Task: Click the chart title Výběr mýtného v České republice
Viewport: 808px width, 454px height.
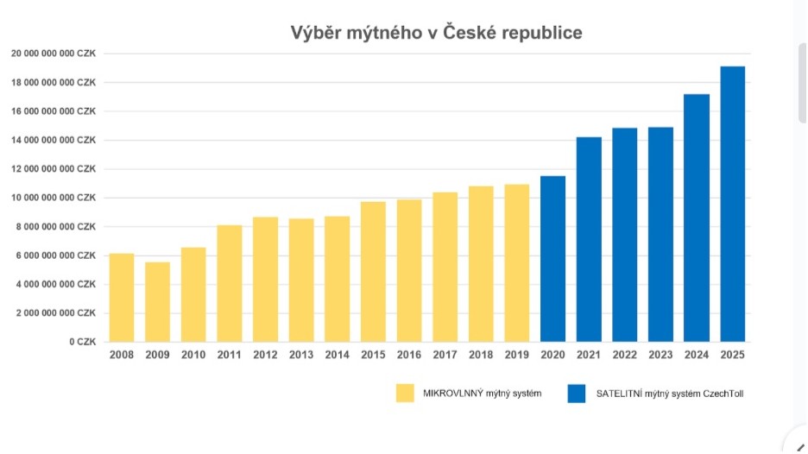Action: pyautogui.click(x=436, y=33)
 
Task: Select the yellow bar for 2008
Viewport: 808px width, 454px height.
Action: pyautogui.click(x=122, y=298)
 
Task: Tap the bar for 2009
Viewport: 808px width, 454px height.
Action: pyautogui.click(x=157, y=302)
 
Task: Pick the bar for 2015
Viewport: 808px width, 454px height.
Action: pyautogui.click(x=373, y=272)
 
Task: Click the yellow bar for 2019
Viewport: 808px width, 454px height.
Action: pyautogui.click(x=517, y=263)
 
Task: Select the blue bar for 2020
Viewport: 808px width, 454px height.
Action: pyautogui.click(x=552, y=259)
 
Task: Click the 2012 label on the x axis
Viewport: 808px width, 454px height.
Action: pyautogui.click(x=265, y=354)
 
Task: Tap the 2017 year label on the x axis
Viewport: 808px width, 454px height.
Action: pyautogui.click(x=445, y=354)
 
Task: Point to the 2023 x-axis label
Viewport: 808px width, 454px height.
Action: pyautogui.click(x=660, y=354)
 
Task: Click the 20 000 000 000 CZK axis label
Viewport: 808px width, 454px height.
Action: pyautogui.click(x=54, y=54)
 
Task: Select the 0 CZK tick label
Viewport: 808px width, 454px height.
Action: pyautogui.click(x=84, y=342)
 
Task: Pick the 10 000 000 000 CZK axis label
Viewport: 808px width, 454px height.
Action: pyautogui.click(x=54, y=198)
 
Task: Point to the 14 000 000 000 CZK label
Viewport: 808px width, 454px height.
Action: pyautogui.click(x=54, y=140)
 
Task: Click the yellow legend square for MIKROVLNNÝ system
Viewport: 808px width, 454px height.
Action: pyautogui.click(x=405, y=394)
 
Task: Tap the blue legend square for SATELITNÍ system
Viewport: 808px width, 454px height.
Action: pyautogui.click(x=577, y=394)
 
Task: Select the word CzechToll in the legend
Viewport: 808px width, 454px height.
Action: pyautogui.click(x=723, y=394)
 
